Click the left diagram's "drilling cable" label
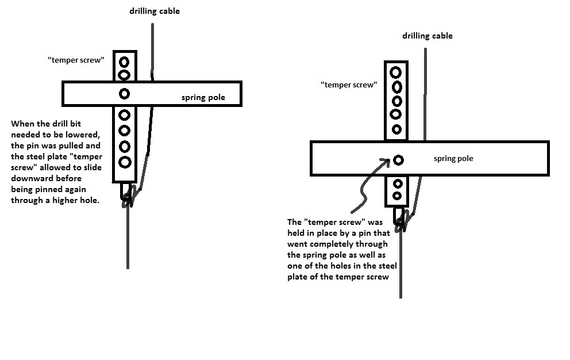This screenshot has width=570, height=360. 153,11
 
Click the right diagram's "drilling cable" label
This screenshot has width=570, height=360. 427,36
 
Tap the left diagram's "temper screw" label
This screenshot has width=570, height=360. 76,60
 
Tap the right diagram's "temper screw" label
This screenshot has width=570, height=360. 349,85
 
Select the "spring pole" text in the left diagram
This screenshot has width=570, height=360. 203,98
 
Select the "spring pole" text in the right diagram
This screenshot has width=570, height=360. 453,158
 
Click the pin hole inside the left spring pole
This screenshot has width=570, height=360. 124,94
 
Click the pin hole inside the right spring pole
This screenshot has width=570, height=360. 398,160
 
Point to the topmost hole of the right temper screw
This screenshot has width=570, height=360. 396,72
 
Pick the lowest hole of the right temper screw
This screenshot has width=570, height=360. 396,196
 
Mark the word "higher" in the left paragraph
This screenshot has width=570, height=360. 67,200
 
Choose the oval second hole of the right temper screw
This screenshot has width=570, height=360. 396,87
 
